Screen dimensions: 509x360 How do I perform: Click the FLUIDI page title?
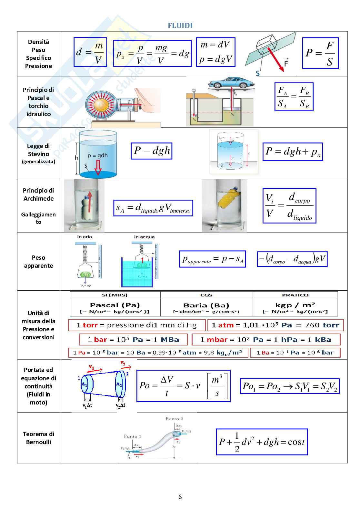click(x=180, y=26)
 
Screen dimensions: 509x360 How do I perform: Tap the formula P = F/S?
click(x=320, y=53)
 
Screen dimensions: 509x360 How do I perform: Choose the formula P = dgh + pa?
click(x=293, y=152)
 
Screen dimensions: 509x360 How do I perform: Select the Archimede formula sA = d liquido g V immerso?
click(x=153, y=208)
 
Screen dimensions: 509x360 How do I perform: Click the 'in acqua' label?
click(x=144, y=237)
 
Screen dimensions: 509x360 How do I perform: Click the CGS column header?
click(x=206, y=295)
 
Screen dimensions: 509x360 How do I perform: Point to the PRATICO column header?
click(x=295, y=295)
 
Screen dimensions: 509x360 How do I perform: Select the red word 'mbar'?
click(x=217, y=340)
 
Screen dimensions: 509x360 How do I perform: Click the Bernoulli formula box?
click(x=262, y=442)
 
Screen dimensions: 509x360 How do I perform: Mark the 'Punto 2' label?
click(x=174, y=419)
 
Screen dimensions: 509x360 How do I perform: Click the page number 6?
click(x=180, y=497)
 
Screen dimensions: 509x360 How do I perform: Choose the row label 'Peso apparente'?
click(x=38, y=262)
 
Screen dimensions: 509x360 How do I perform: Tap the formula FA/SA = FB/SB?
click(x=294, y=97)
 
